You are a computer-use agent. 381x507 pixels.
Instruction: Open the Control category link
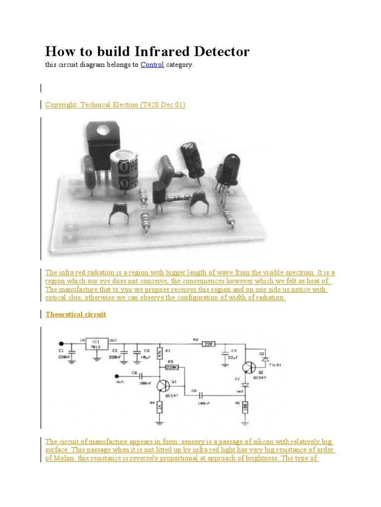click(152, 65)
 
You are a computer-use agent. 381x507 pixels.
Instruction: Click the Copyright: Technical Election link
click(115, 104)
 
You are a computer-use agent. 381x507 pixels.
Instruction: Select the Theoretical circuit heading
click(76, 314)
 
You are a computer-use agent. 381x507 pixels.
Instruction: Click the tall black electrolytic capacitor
click(191, 158)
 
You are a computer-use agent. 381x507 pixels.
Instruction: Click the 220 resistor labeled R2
click(209, 343)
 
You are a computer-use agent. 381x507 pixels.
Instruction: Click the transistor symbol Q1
click(163, 387)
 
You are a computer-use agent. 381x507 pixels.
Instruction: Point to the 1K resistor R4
click(160, 407)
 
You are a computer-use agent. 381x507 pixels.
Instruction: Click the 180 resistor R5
click(245, 407)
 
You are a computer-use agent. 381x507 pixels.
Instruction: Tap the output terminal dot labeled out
click(117, 375)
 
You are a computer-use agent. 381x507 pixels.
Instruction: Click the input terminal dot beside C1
click(62, 343)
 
